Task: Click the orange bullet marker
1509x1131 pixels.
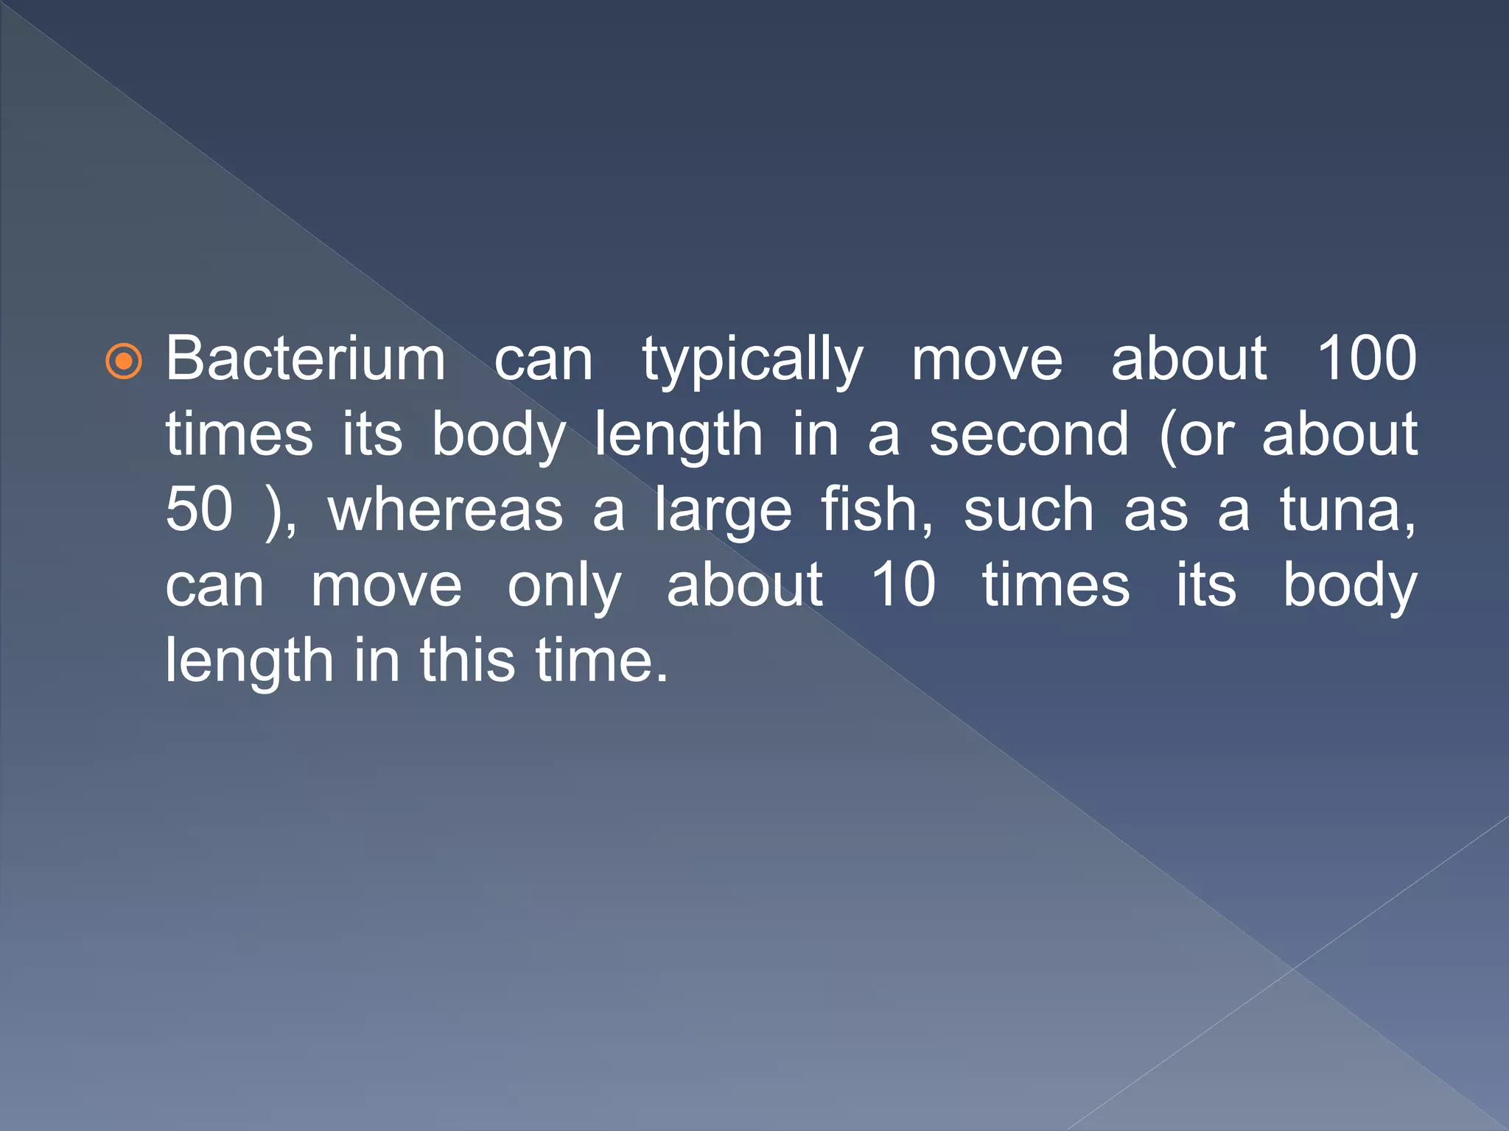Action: (x=124, y=362)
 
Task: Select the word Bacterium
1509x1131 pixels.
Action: (x=305, y=359)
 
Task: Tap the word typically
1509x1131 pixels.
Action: (x=752, y=361)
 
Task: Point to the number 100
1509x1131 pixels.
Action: (x=1367, y=359)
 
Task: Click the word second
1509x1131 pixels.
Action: (x=1029, y=434)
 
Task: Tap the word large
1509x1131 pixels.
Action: (x=724, y=512)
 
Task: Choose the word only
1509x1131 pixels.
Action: (x=564, y=587)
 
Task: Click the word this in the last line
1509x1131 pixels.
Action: (x=468, y=660)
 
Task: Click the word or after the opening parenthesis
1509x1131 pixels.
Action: (x=1206, y=436)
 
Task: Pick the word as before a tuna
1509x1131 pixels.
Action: (x=1155, y=512)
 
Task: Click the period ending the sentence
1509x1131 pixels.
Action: (x=662, y=679)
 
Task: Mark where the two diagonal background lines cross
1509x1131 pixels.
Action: (x=1293, y=968)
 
